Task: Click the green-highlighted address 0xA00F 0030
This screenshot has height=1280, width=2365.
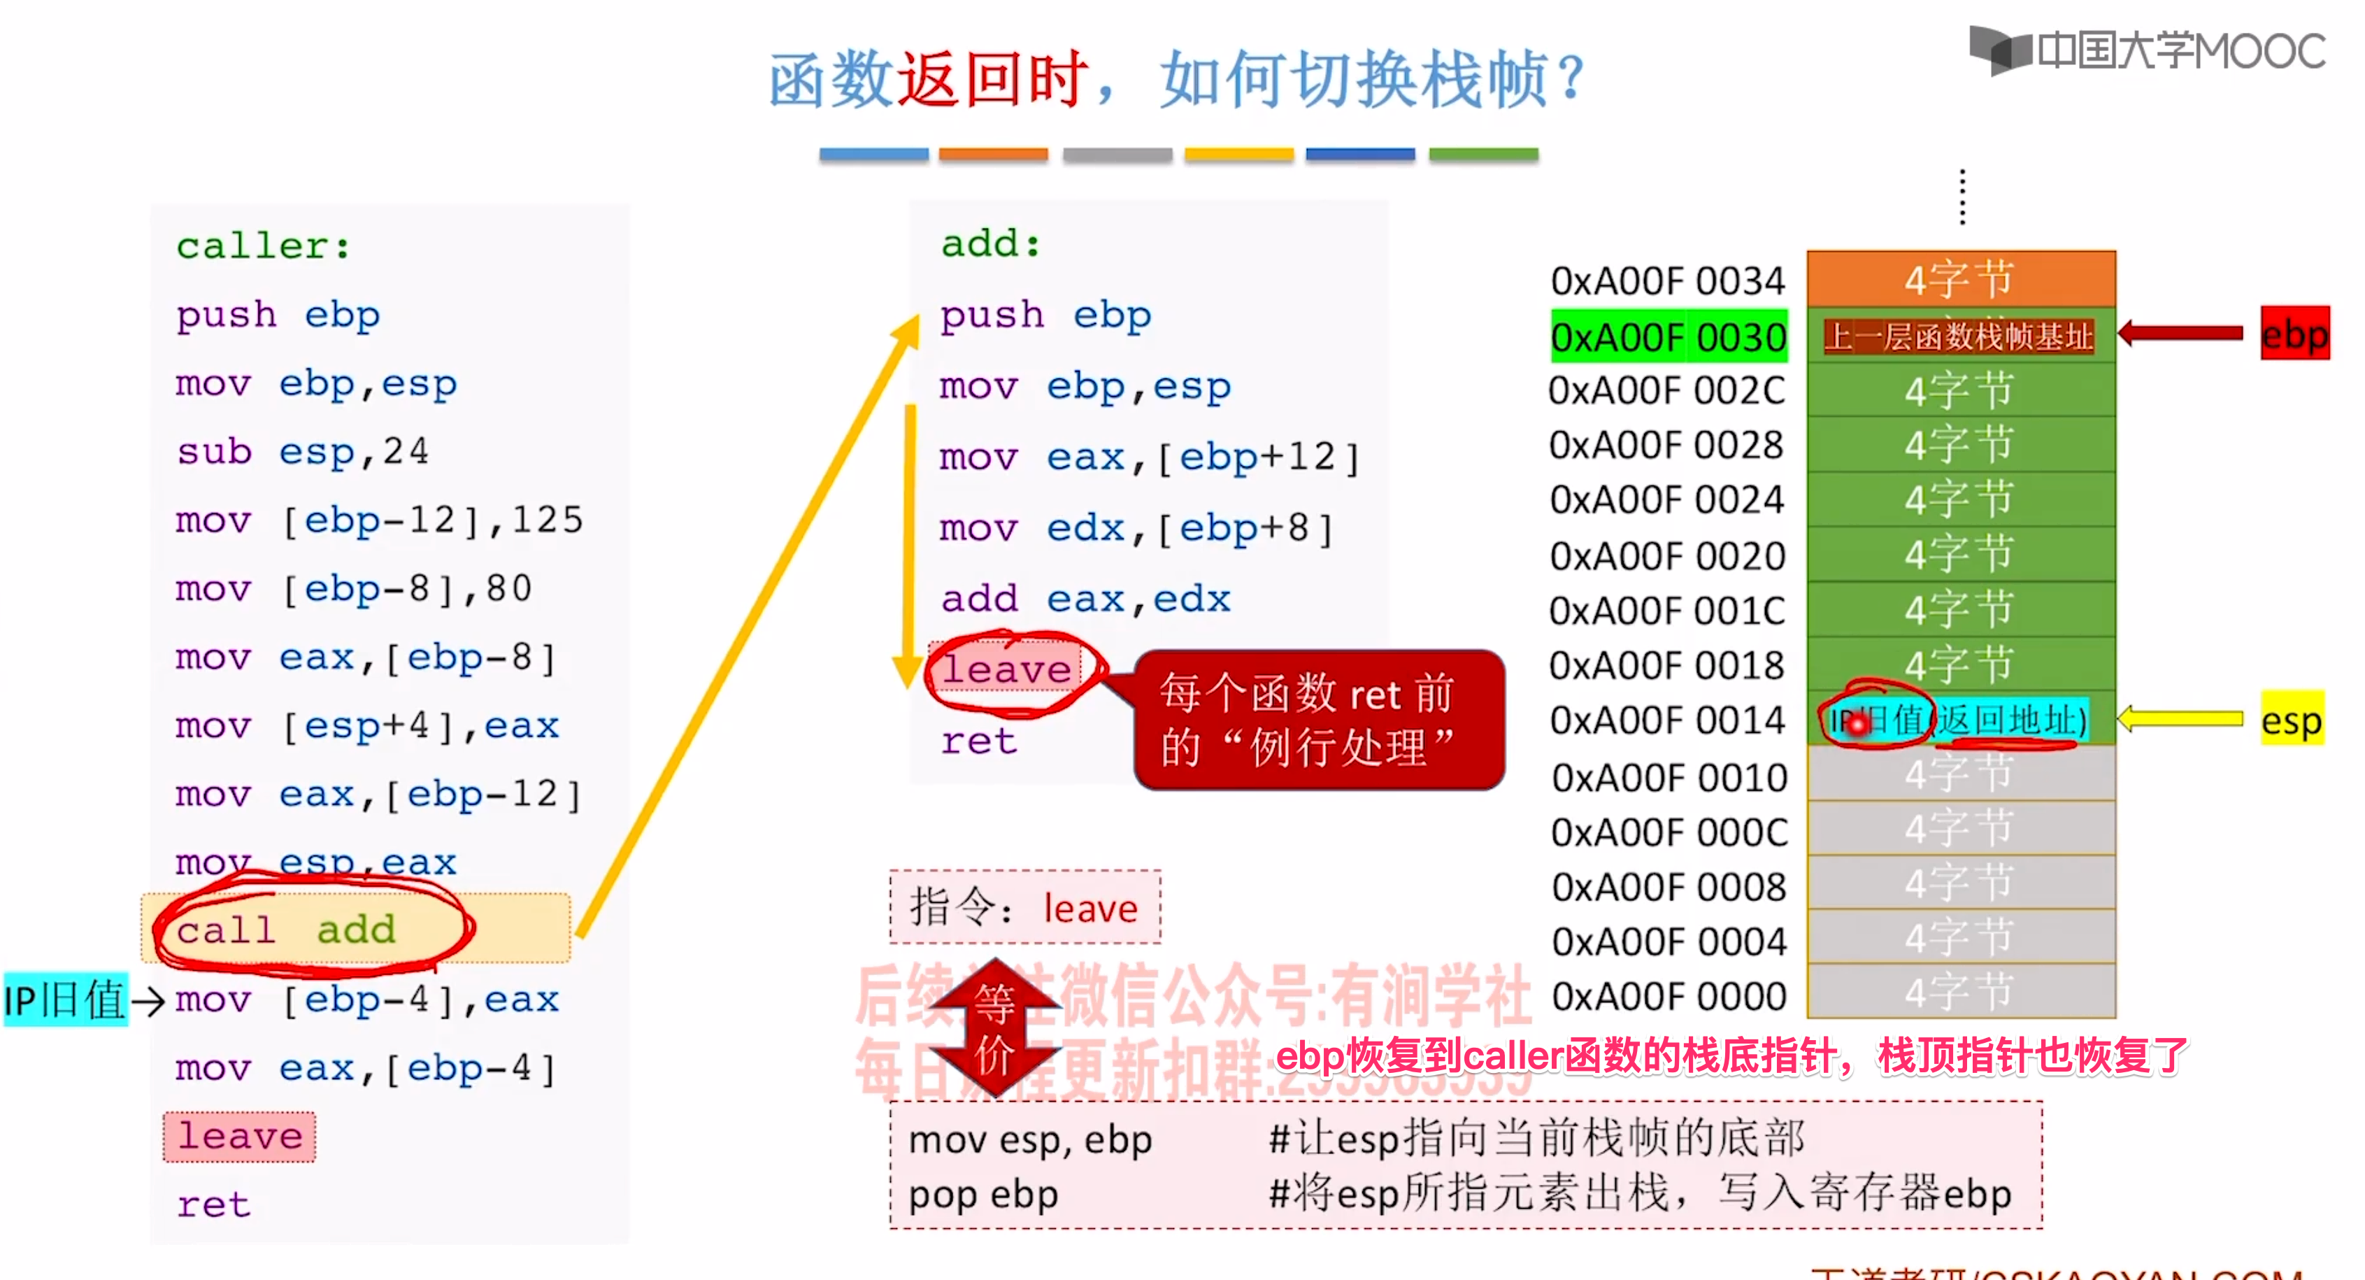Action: [x=1669, y=337]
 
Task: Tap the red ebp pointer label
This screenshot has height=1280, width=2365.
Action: [x=2294, y=334]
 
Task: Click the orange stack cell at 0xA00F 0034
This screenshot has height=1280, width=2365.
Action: [x=1960, y=279]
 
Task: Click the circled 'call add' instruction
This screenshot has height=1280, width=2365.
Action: [x=287, y=930]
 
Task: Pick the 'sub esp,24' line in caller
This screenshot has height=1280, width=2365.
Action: [x=303, y=452]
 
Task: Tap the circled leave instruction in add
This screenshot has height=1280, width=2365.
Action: [x=1007, y=670]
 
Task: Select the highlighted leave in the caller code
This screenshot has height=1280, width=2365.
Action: [x=240, y=1137]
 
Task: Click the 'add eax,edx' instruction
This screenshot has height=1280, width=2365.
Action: [x=1085, y=599]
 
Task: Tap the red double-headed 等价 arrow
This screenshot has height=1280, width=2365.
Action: [x=994, y=1028]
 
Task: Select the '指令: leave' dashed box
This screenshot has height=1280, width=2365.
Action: [x=1024, y=907]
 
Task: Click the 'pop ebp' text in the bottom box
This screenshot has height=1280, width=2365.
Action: [x=983, y=1195]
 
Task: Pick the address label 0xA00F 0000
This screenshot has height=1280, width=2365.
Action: [x=1669, y=996]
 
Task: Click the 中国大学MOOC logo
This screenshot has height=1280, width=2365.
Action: [x=2148, y=50]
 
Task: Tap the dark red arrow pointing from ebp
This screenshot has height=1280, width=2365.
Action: [x=2180, y=334]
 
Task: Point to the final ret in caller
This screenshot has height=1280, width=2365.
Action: [x=214, y=1204]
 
